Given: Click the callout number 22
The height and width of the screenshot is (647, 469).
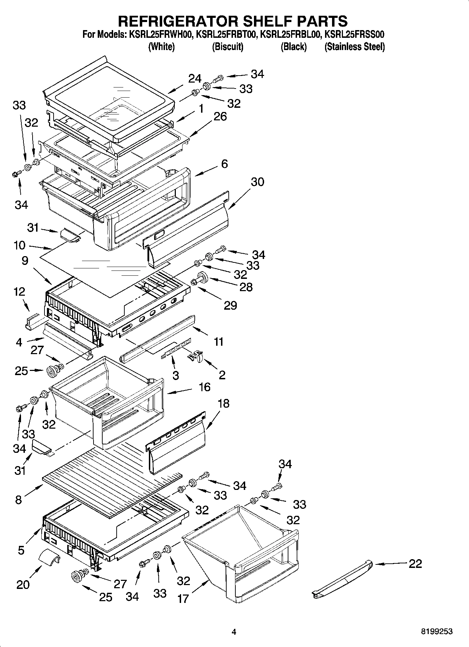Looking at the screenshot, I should (x=415, y=564).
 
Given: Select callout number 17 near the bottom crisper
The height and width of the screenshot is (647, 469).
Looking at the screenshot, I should (x=183, y=598).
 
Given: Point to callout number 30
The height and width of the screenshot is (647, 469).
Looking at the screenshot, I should (x=257, y=182).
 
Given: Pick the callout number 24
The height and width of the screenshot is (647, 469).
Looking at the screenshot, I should (x=195, y=78).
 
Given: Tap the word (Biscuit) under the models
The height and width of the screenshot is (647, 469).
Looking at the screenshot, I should (x=228, y=47).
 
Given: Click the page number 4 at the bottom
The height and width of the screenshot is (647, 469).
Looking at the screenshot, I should (x=234, y=632).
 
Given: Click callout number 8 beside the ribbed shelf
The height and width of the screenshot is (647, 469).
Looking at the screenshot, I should (x=19, y=499).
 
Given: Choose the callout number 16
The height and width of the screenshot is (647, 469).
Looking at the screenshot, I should (x=204, y=387).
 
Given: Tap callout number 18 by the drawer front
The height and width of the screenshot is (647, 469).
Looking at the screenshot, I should (x=223, y=403).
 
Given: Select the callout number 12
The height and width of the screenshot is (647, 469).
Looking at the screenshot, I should (x=20, y=291).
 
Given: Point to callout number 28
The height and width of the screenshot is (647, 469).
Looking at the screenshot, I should (x=246, y=287).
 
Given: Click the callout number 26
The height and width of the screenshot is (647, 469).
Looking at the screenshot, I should (x=220, y=116).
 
